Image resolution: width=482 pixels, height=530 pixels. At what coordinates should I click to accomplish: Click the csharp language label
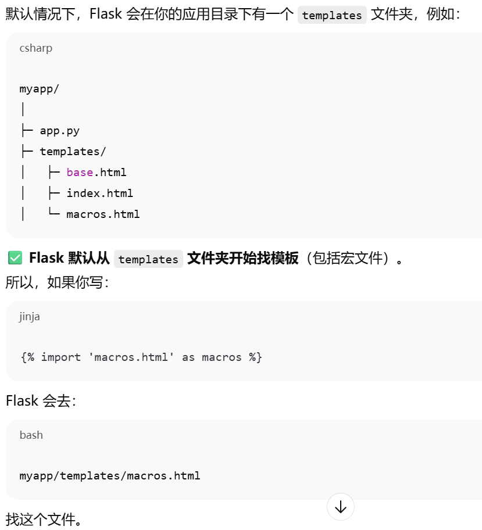[x=35, y=48]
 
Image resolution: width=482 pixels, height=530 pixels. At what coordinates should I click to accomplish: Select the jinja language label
[x=29, y=317]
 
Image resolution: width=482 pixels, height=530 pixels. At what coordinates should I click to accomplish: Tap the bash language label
[x=31, y=435]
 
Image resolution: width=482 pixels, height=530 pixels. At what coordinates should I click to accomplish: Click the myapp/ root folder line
[x=39, y=89]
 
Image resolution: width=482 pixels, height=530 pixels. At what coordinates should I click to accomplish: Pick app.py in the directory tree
[x=59, y=131]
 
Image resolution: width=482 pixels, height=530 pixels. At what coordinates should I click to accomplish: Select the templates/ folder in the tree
[x=73, y=152]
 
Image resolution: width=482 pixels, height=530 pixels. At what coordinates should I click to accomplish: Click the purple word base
[x=80, y=173]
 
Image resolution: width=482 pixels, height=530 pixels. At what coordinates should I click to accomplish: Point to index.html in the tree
[x=99, y=194]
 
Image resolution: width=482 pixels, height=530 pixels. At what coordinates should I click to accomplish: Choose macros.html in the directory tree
[x=103, y=214]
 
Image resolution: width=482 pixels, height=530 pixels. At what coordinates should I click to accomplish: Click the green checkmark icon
[x=15, y=258]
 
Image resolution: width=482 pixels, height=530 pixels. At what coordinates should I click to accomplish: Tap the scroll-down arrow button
[x=341, y=507]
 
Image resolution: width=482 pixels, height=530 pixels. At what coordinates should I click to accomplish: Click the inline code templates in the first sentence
[x=332, y=15]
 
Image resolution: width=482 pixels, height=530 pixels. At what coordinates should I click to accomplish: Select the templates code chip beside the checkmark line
[x=148, y=259]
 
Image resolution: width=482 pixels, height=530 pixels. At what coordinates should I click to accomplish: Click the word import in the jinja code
[x=60, y=357]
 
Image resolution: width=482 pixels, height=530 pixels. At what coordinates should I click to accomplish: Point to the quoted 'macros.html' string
[x=131, y=357]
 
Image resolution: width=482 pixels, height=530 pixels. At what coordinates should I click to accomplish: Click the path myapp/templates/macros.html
[x=109, y=476]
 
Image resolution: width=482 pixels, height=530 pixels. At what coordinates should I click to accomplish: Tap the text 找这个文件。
[x=44, y=518]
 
